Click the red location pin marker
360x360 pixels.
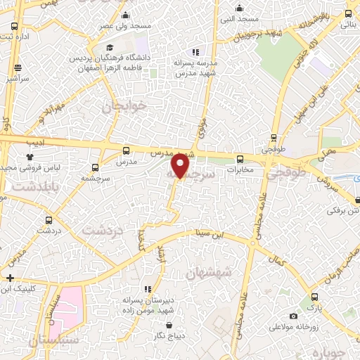181,166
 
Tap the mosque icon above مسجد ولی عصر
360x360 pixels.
125,15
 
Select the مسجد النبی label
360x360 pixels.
239,19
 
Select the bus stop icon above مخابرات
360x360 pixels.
240,159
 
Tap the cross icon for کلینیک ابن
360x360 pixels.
10,278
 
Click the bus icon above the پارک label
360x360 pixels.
314,297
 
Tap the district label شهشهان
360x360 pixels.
211,272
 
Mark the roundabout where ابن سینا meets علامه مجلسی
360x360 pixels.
251,240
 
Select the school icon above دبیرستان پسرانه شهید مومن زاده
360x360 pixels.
147,288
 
